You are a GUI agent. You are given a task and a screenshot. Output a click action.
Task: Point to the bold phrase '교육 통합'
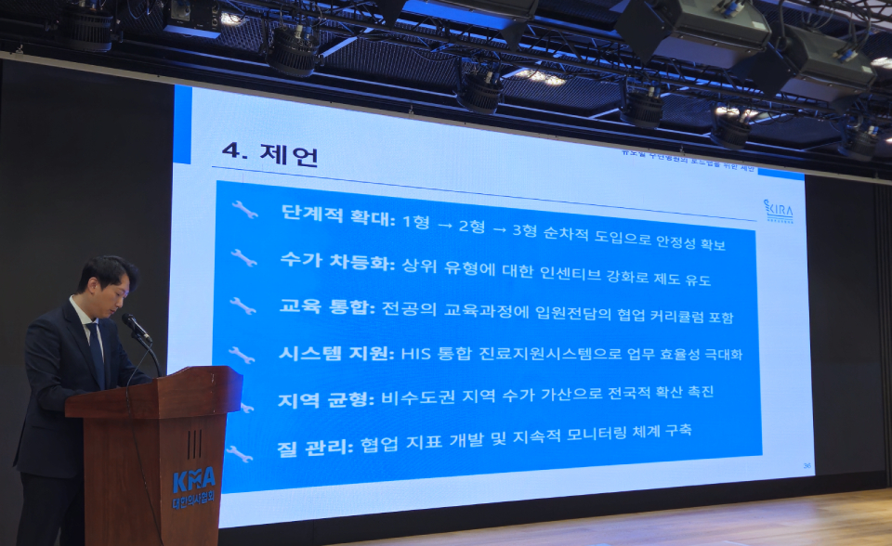pos(325,307)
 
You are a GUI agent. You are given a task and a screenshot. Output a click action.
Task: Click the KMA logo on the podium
pos(193,482)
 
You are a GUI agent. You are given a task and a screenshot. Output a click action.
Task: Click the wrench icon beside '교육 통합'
pos(243,305)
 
